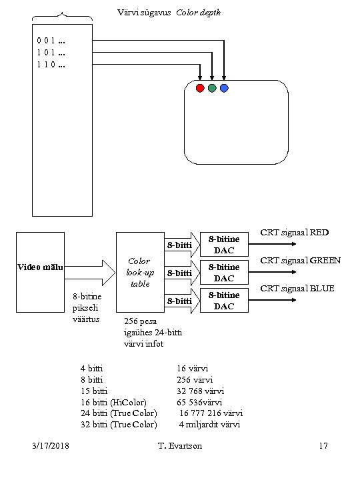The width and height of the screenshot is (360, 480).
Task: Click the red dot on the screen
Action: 200,88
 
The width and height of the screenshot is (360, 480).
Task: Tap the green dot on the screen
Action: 212,88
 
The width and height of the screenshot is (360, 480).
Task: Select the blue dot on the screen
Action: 224,88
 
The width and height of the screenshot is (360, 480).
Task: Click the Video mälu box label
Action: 40,267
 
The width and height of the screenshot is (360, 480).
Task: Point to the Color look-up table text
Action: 140,273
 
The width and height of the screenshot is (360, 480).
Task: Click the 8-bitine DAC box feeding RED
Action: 224,244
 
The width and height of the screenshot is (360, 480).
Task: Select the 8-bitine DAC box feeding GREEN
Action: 224,272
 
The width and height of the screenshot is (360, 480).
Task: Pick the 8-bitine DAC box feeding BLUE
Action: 224,300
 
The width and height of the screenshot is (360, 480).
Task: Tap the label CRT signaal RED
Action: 295,233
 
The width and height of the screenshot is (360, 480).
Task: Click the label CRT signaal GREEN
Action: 300,261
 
